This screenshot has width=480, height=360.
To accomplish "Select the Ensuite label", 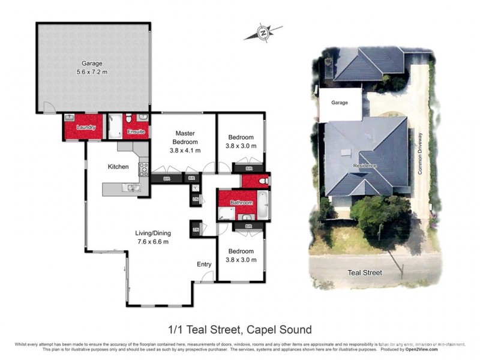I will [x=136, y=131].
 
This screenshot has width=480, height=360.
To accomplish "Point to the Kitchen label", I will [x=118, y=166].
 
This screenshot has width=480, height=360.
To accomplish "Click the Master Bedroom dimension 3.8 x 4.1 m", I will [x=186, y=151].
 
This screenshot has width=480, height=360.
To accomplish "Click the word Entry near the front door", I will [x=205, y=264].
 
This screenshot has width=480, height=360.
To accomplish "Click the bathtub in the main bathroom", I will [x=263, y=204].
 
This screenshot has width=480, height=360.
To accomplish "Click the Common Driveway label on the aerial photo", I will [x=421, y=154].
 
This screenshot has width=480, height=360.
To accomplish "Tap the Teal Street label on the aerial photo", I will [x=365, y=273].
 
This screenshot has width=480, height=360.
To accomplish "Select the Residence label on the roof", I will [x=365, y=165].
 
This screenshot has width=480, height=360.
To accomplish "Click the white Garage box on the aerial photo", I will [x=340, y=103].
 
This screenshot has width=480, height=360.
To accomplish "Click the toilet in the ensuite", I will [x=142, y=118].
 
